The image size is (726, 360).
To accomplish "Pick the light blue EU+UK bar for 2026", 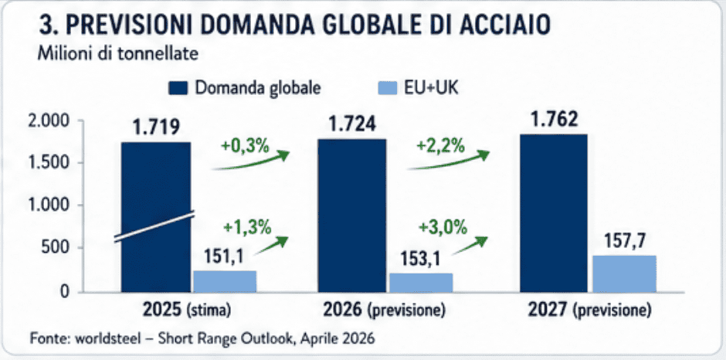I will [421, 282].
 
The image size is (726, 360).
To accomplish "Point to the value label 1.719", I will [156, 126].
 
